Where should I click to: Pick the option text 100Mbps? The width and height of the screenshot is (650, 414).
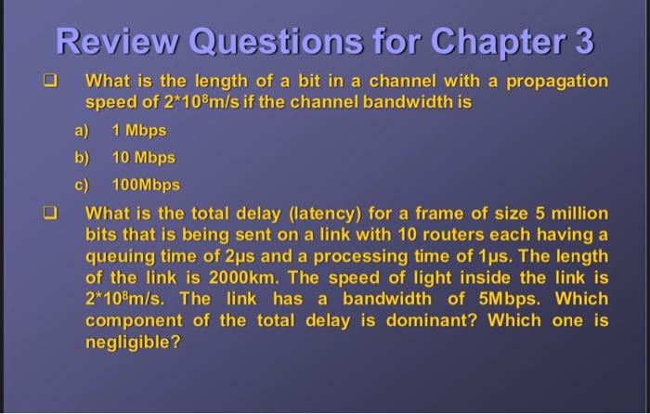(x=146, y=185)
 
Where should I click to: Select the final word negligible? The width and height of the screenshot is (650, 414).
(x=133, y=343)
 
